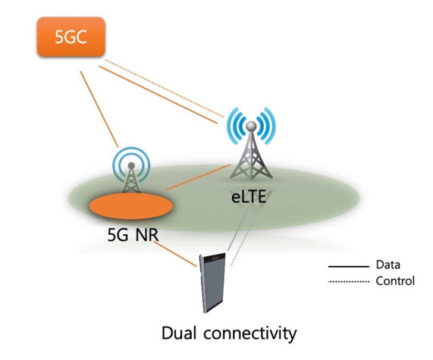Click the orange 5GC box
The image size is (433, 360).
[x=71, y=36]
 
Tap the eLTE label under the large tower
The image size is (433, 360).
[x=249, y=197]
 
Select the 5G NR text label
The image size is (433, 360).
[x=133, y=235]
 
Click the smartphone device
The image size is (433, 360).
[x=212, y=283]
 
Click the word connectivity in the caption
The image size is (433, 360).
[x=250, y=333]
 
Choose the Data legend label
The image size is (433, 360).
[x=388, y=265]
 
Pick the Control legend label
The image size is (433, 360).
[x=395, y=281]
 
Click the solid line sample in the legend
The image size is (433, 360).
[x=349, y=267]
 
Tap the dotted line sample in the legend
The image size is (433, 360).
[x=349, y=282]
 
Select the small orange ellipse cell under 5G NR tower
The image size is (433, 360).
[x=131, y=206]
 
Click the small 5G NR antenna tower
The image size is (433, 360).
[x=131, y=170]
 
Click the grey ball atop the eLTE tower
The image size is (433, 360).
[x=251, y=126]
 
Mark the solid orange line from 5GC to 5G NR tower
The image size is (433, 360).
[x=99, y=109]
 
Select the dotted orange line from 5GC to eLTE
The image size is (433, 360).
[x=165, y=89]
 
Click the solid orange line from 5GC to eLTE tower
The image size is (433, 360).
[x=158, y=95]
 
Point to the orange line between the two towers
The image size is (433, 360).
[x=198, y=177]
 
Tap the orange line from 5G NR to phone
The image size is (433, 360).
[x=175, y=254]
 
